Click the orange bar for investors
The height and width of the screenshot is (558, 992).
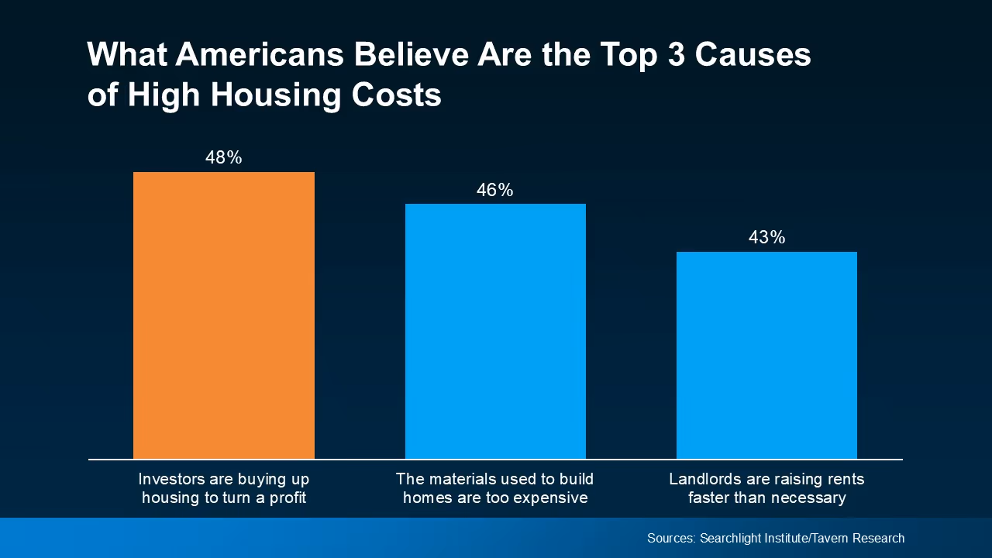click(223, 315)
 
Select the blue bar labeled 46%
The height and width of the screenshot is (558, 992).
click(495, 332)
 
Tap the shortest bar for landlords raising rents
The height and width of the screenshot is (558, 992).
click(766, 355)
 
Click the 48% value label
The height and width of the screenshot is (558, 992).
click(223, 158)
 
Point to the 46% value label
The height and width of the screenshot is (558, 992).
click(495, 191)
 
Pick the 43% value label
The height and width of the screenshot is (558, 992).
click(766, 238)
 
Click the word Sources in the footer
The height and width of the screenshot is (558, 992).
click(671, 538)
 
